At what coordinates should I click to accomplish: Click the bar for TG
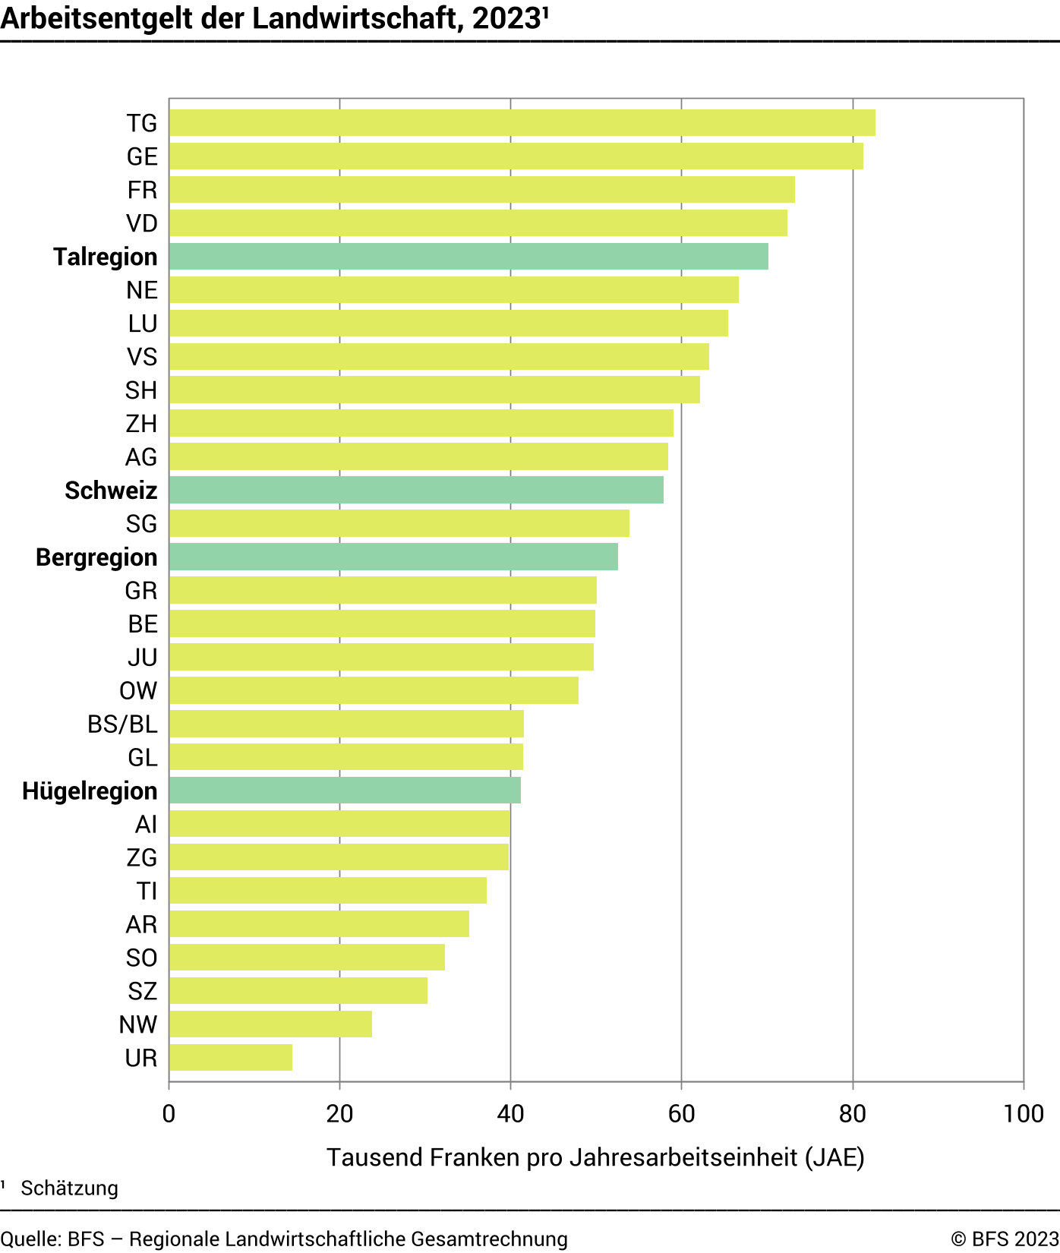[522, 123]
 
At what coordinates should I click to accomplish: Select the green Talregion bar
[468, 257]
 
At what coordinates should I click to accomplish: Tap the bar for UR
[231, 1058]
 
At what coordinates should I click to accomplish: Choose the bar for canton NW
[270, 1024]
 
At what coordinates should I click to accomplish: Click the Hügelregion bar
[345, 791]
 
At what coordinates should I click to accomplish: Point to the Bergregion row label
[96, 557]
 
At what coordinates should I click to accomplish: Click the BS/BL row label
[122, 724]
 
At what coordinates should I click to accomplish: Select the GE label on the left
[142, 156]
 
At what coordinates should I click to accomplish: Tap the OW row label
[138, 691]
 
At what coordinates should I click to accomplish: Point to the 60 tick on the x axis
[681, 1114]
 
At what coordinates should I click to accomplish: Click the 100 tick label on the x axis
[1023, 1114]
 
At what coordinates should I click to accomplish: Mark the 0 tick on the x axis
[169, 1114]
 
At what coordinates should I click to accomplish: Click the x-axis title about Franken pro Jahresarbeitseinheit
[595, 1157]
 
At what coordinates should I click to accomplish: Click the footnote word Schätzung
[69, 1188]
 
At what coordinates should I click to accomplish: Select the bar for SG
[399, 524]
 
